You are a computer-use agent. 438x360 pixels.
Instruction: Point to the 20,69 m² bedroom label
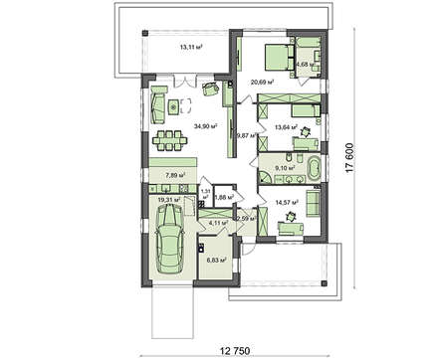pyautogui.click(x=263, y=83)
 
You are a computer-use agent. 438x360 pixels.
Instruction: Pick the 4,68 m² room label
pyautogui.click(x=305, y=65)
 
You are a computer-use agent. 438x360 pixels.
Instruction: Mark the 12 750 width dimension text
pyautogui.click(x=224, y=349)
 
